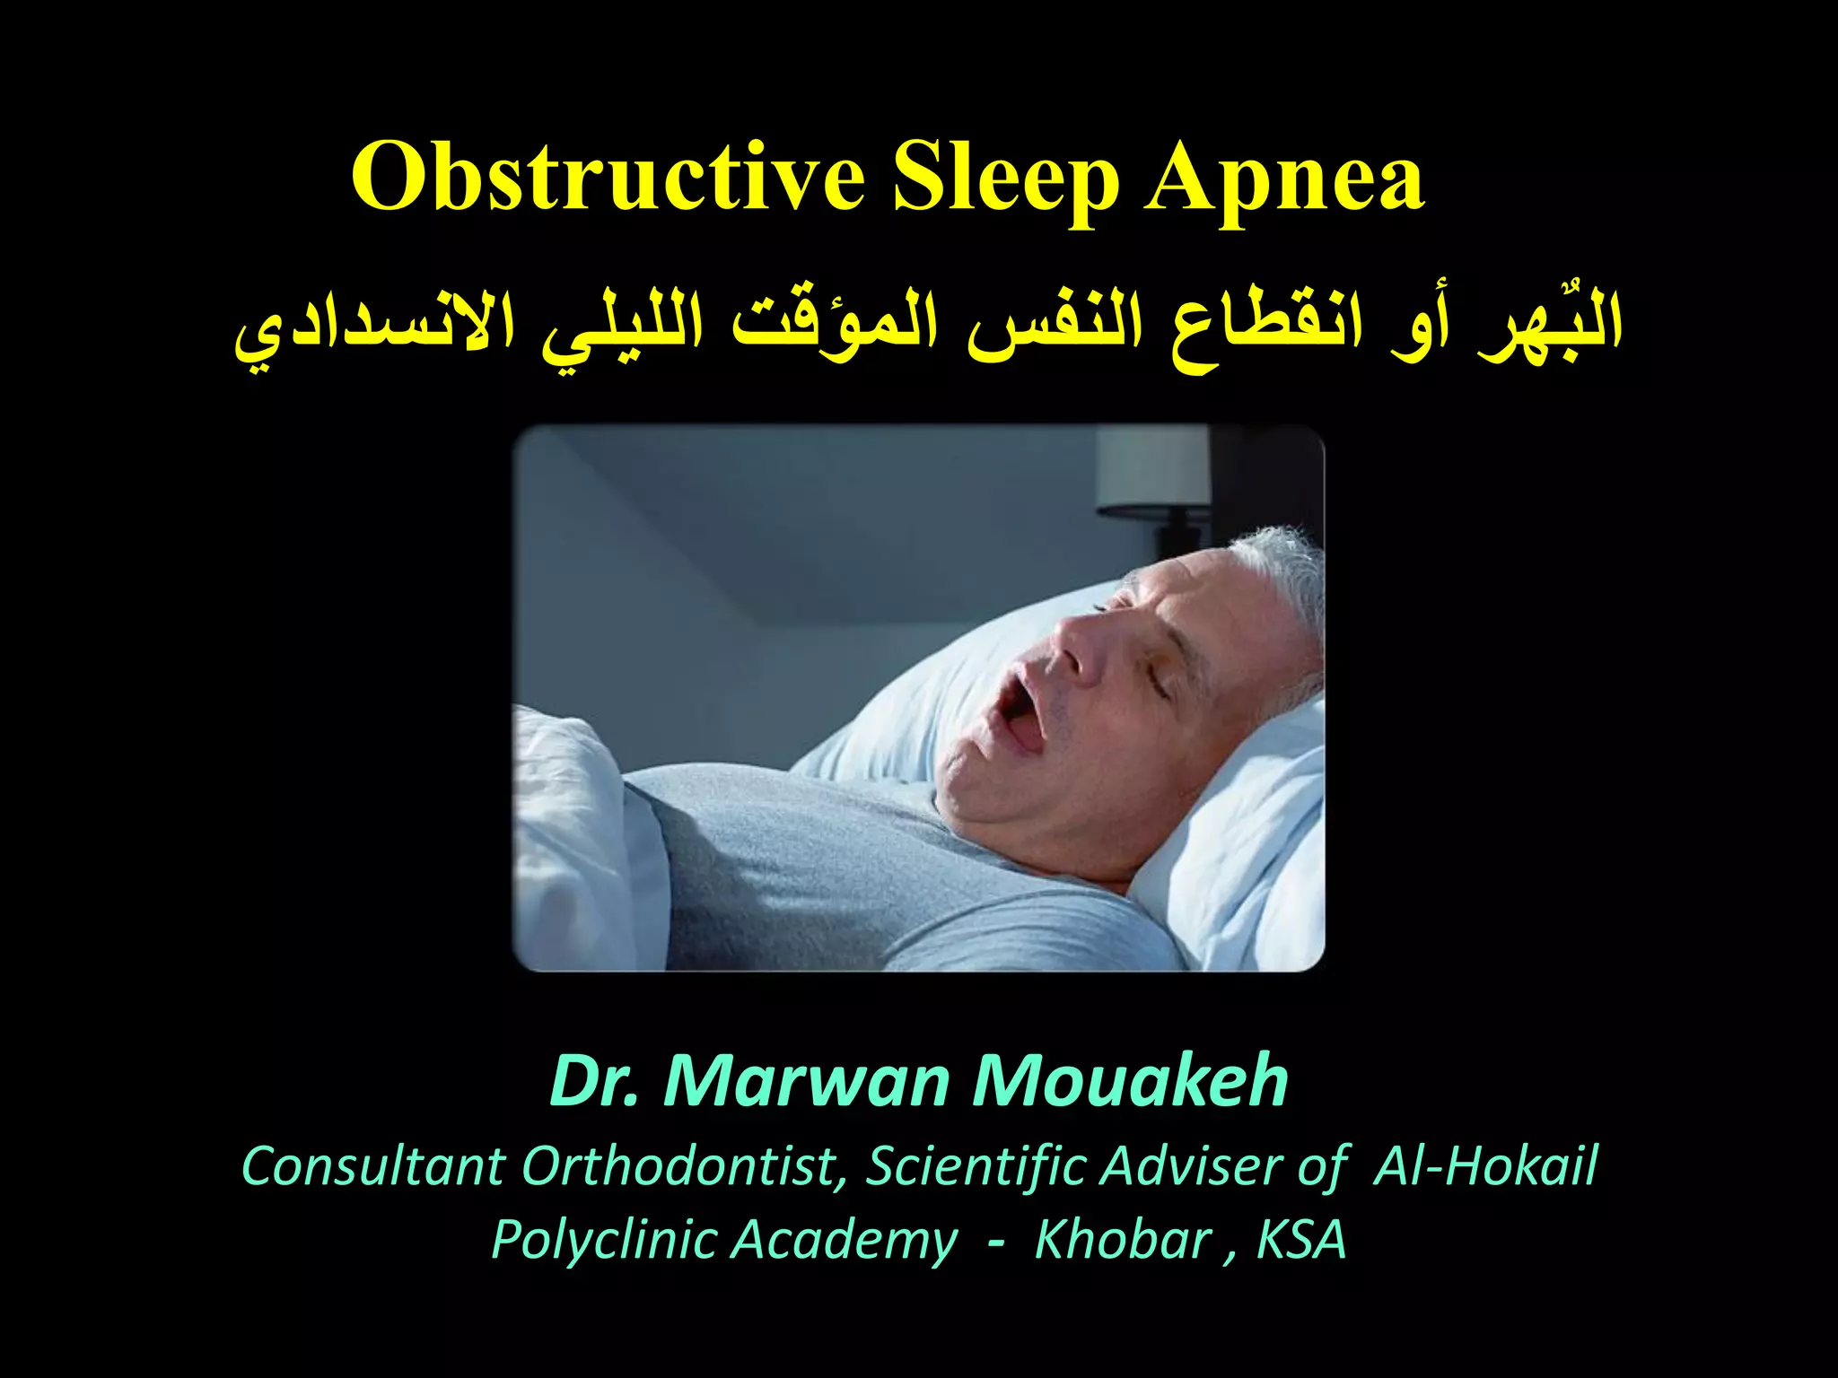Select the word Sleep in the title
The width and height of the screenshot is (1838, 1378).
[x=1005, y=179]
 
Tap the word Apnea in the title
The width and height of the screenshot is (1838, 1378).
[x=1283, y=179]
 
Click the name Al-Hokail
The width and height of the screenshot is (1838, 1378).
[x=1486, y=1166]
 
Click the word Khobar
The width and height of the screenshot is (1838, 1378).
[x=1122, y=1240]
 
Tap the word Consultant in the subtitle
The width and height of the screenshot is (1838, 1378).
[x=373, y=1166]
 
